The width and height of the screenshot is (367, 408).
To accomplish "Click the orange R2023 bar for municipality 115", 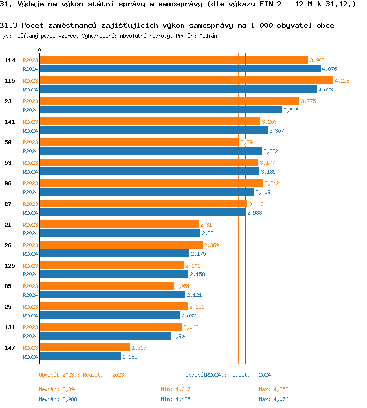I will (186, 81).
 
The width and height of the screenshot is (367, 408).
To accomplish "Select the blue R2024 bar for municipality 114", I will (180, 69).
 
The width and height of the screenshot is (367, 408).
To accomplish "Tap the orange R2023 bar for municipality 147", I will (85, 348).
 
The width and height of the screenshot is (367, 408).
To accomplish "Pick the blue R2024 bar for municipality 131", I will (105, 336).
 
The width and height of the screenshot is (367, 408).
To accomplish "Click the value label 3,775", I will (309, 101).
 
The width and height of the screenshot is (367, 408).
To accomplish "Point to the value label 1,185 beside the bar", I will (130, 357).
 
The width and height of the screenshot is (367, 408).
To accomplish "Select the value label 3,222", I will (272, 151).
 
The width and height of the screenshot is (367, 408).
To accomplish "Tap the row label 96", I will (8, 183).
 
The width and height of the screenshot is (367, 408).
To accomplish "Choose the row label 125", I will (10, 266).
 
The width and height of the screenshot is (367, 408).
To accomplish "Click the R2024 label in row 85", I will (31, 295).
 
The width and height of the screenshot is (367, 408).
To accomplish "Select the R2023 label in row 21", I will (31, 225).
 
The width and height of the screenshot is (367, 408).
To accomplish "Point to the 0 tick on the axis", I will (40, 51).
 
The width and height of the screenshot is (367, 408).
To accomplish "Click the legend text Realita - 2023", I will (103, 375).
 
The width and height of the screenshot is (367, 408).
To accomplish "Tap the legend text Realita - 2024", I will (250, 375).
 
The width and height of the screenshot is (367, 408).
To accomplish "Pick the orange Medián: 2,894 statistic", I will (58, 389).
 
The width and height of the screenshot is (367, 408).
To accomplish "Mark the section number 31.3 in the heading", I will (9, 25).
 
